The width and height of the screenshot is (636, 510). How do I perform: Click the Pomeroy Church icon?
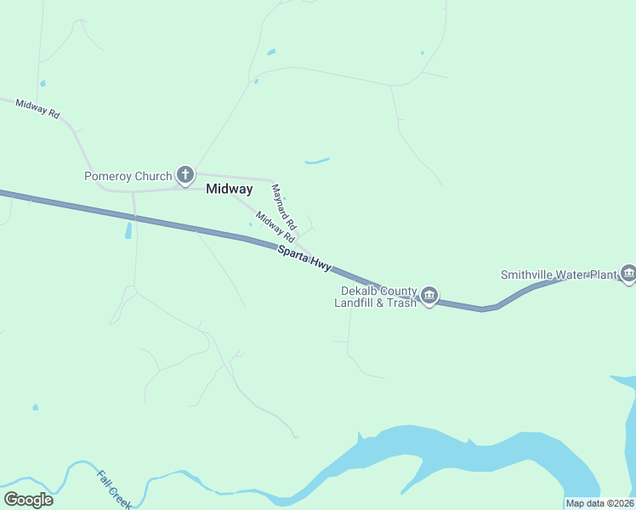pyautogui.click(x=185, y=176)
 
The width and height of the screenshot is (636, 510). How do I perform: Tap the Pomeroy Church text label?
pyautogui.click(x=128, y=177)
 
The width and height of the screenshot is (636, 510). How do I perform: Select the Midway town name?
pyautogui.click(x=229, y=189)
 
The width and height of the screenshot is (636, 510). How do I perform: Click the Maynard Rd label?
pyautogui.click(x=283, y=207)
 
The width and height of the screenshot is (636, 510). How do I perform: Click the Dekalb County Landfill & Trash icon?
pyautogui.click(x=429, y=296)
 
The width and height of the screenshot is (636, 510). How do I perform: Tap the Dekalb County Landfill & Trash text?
pyautogui.click(x=376, y=296)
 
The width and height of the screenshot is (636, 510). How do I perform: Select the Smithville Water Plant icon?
pyautogui.click(x=628, y=273)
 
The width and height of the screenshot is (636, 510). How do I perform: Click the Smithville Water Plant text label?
pyautogui.click(x=558, y=275)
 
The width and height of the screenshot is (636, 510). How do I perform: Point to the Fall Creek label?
pyautogui.click(x=114, y=489)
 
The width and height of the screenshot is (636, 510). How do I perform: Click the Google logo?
pyautogui.click(x=28, y=499)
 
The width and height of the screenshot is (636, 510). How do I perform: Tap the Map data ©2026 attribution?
pyautogui.click(x=599, y=503)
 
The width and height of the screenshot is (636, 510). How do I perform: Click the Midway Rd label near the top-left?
pyautogui.click(x=37, y=109)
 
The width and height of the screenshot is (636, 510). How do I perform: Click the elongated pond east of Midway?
pyautogui.click(x=317, y=160)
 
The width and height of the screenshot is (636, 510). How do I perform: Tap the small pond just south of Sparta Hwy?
pyautogui.click(x=128, y=229)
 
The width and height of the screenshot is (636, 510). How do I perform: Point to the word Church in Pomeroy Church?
pyautogui.click(x=153, y=177)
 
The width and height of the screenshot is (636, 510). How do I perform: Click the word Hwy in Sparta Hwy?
pyautogui.click(x=321, y=264)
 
